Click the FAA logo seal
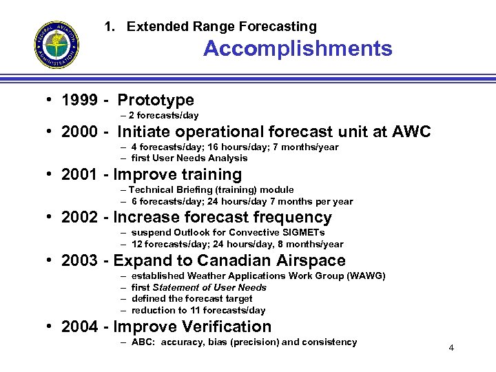tap(56, 45)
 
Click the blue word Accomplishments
tap(298, 49)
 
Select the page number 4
tap(451, 347)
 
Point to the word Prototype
tap(156, 101)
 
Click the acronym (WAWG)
tap(363, 276)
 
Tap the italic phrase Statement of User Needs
tap(209, 287)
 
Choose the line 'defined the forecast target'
tap(192, 298)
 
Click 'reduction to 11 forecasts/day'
tap(198, 310)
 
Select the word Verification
tap(228, 327)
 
